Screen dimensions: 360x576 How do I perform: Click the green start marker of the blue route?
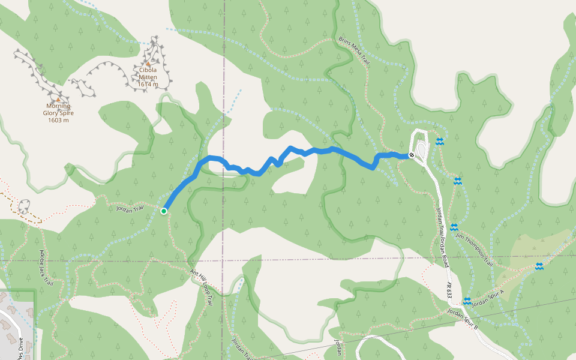click(x=163, y=211)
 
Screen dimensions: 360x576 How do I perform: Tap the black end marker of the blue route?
click(x=411, y=155)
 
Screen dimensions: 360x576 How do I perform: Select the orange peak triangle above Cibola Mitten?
click(x=148, y=63)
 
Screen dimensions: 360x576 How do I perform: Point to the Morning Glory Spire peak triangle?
click(x=58, y=100)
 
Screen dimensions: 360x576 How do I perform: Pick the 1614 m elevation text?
click(x=148, y=84)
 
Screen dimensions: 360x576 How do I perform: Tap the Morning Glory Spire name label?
click(x=58, y=110)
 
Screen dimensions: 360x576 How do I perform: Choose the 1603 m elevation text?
click(x=58, y=120)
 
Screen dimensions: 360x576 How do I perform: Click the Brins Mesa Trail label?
click(x=354, y=51)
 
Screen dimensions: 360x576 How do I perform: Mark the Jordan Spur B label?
click(x=463, y=320)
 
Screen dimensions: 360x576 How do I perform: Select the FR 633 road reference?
click(x=448, y=290)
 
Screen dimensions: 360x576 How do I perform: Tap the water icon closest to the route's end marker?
click(x=439, y=142)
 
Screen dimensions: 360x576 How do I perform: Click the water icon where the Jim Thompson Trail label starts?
click(x=454, y=227)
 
